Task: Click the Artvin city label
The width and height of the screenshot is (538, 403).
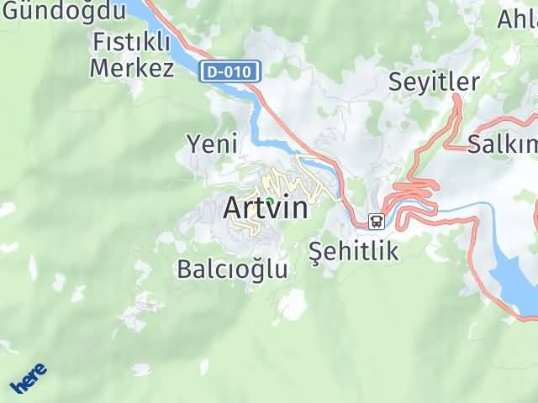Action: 266,207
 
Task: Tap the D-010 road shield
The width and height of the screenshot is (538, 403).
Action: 229,71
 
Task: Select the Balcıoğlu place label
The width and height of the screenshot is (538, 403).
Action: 232,269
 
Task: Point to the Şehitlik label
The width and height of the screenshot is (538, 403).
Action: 353,249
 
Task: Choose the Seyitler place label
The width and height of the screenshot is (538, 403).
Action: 434,81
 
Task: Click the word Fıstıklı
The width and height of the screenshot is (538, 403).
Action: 132,42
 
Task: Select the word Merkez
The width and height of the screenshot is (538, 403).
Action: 132,67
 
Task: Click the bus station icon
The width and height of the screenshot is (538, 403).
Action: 377,222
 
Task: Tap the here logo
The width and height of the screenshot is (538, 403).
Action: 29,379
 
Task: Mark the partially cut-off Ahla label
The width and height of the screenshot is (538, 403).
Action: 517,18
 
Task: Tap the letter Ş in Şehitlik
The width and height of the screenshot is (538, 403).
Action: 317,249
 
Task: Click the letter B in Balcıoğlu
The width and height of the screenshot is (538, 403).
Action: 185,269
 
